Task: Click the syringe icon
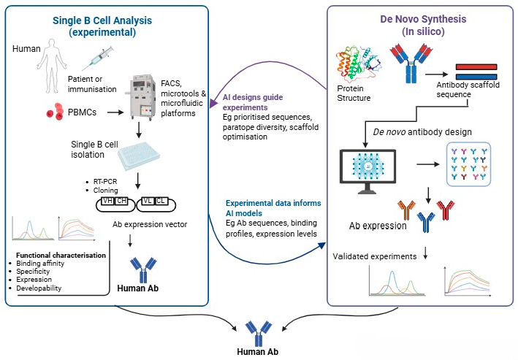(98, 58)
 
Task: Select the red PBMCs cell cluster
(55, 111)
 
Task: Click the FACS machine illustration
(141, 98)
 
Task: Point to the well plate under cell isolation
(139, 156)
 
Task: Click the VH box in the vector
(107, 201)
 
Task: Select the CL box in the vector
(161, 201)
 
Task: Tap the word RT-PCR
(105, 181)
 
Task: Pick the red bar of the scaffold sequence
(476, 66)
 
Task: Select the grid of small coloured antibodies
(468, 164)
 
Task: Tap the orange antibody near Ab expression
(406, 210)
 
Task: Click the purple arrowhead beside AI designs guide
(213, 103)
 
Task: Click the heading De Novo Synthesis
(423, 19)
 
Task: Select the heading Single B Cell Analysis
(102, 20)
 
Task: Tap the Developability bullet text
(39, 288)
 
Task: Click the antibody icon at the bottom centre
(259, 334)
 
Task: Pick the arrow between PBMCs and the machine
(115, 112)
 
